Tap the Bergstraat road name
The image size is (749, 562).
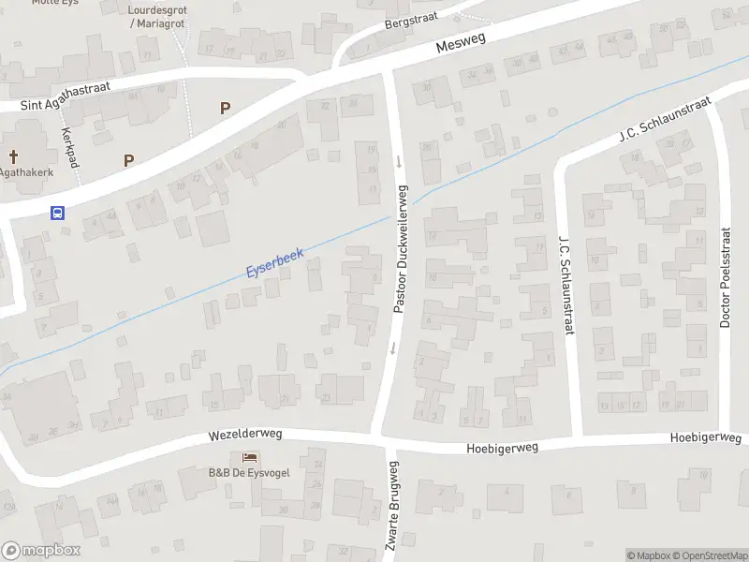point(413,20)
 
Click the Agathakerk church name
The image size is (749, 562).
point(25,172)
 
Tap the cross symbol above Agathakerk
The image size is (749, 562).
point(14,155)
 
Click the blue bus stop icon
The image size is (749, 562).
point(58,213)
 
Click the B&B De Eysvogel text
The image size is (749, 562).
point(249,472)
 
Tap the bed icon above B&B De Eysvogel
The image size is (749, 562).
point(249,457)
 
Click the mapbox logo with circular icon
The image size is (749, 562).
point(41,551)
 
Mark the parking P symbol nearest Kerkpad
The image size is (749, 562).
point(128,160)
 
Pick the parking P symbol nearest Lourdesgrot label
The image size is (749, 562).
point(225,108)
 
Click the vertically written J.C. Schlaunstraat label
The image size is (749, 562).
point(565,284)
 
